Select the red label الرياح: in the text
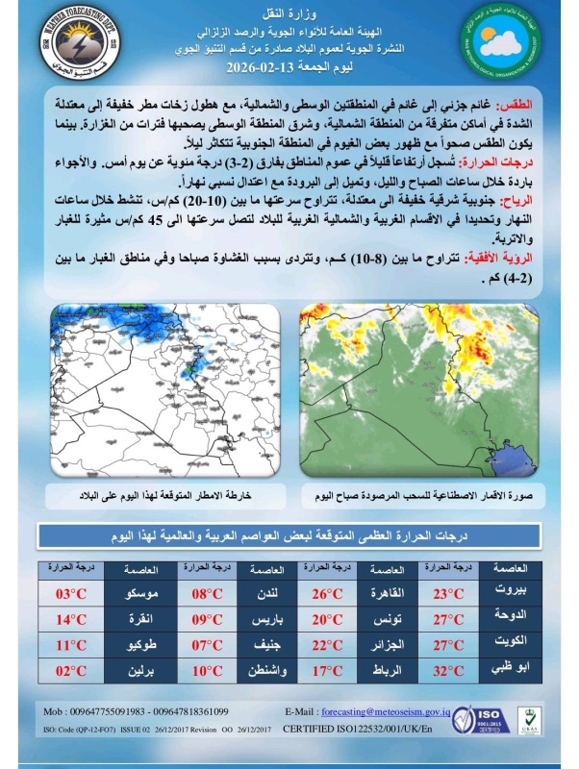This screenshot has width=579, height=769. tap(518, 199)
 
